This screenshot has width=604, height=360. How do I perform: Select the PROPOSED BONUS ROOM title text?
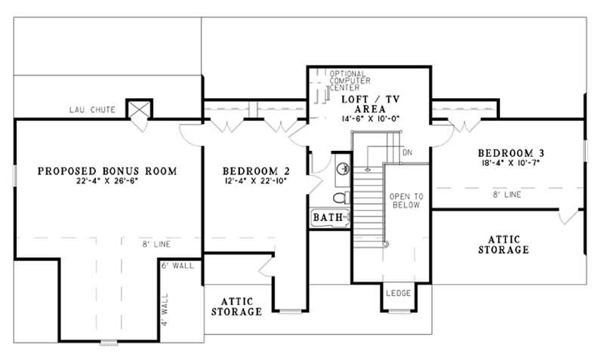[107, 171]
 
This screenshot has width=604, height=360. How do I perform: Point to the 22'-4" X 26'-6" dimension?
[107, 181]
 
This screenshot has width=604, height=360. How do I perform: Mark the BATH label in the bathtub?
[328, 218]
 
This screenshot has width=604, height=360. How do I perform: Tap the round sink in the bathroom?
[341, 168]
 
